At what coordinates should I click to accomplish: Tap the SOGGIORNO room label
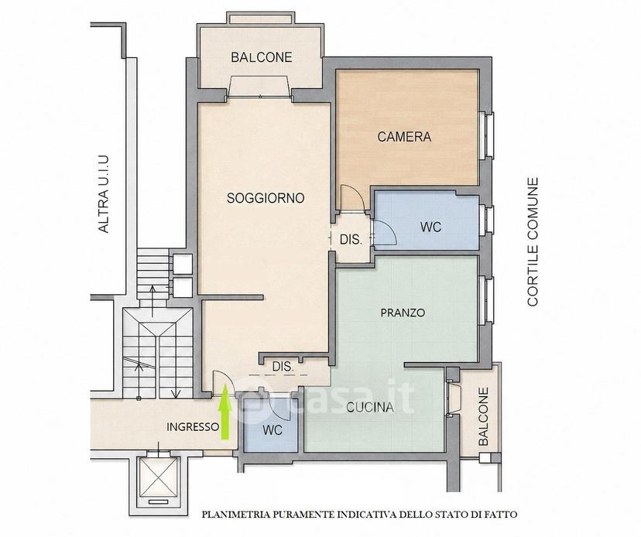coord(266,198)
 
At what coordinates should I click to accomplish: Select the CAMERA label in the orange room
coord(404,136)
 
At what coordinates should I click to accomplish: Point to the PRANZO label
coord(403,313)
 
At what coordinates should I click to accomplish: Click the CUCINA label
coord(370,407)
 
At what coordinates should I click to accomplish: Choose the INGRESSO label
coord(193,427)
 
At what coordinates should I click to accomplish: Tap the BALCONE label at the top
coord(262,57)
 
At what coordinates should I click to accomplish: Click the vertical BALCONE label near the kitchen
coord(484,416)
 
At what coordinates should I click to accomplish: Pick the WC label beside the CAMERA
coord(430,227)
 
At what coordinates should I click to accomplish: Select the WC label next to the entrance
coord(273,430)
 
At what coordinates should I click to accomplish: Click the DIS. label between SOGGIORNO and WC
coord(351,240)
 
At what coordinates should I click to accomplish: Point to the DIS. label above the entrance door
coord(283,367)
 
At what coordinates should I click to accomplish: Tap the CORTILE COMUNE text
coord(533,241)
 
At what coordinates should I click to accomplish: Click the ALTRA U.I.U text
coord(104,194)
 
